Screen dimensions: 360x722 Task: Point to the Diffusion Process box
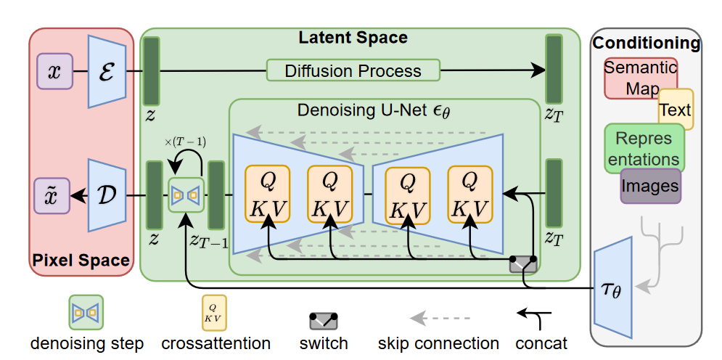click(353, 70)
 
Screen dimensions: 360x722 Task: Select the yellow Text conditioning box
click(676, 110)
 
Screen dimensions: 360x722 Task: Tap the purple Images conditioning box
click(650, 186)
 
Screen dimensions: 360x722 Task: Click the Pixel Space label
click(81, 259)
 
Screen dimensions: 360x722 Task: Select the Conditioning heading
click(646, 43)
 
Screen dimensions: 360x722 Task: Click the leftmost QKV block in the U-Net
click(267, 195)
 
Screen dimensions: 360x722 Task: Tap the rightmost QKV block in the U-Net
click(469, 195)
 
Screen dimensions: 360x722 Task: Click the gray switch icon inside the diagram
click(522, 263)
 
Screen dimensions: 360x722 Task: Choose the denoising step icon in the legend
click(86, 312)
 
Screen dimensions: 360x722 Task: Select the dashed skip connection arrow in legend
click(440, 317)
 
